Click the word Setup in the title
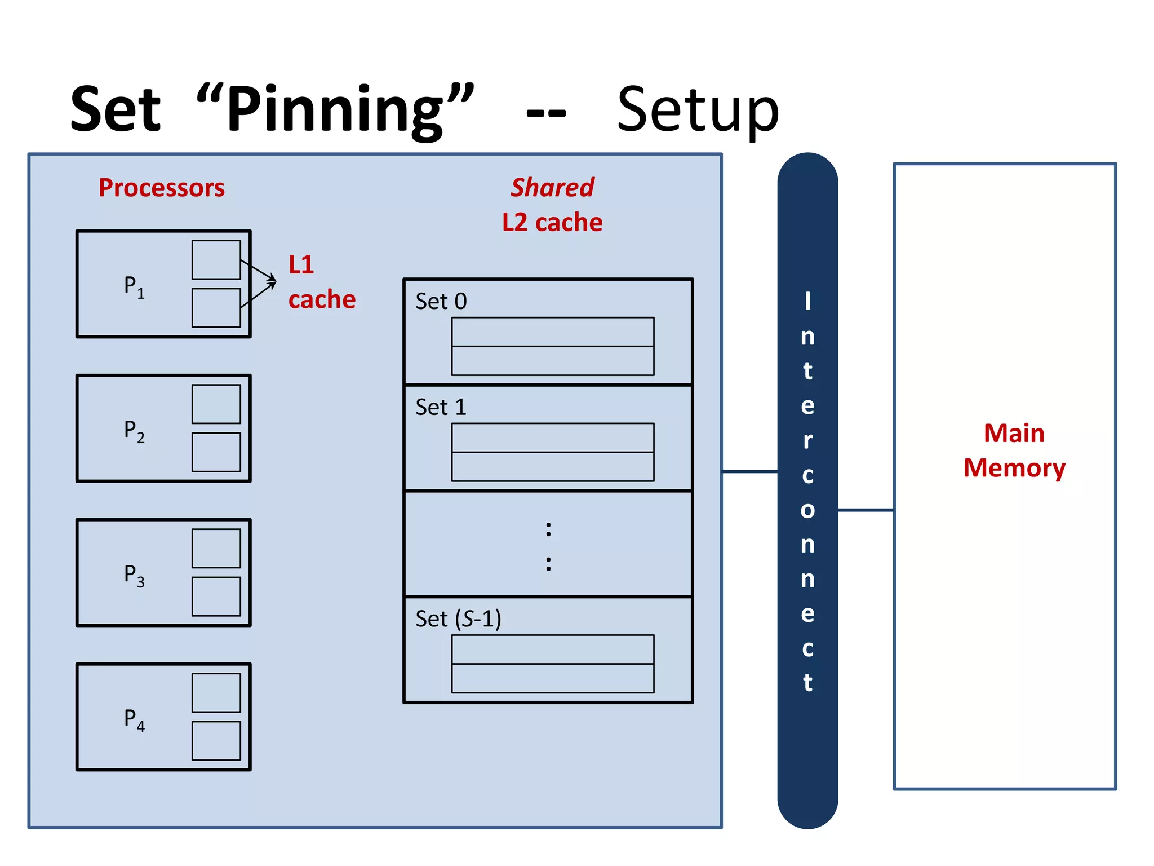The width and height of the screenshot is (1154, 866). pyautogui.click(x=698, y=110)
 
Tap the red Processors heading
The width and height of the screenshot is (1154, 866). pyautogui.click(x=161, y=188)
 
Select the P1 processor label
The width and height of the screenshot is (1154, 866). pyautogui.click(x=134, y=286)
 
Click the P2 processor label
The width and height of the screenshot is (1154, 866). pyautogui.click(x=134, y=430)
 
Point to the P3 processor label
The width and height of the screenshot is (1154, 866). pyautogui.click(x=134, y=575)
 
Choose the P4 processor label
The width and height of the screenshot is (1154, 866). pyautogui.click(x=134, y=719)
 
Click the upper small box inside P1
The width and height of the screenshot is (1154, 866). pyautogui.click(x=216, y=259)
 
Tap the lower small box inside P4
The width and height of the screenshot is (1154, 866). pyautogui.click(x=216, y=740)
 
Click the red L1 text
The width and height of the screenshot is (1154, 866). pyautogui.click(x=301, y=264)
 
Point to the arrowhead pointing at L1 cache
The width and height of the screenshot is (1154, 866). pyautogui.click(x=273, y=281)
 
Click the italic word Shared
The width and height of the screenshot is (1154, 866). pyautogui.click(x=552, y=188)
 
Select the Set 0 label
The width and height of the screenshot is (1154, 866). pyautogui.click(x=441, y=301)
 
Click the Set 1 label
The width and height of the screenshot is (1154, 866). pyautogui.click(x=441, y=407)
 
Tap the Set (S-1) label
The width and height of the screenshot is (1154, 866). pyautogui.click(x=458, y=618)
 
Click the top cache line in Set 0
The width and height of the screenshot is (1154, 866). pyautogui.click(x=552, y=332)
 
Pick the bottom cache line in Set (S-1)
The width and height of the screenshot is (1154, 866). pyautogui.click(x=552, y=678)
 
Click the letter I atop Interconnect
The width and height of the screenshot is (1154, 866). pyautogui.click(x=807, y=301)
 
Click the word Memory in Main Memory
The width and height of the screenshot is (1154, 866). pyautogui.click(x=1014, y=468)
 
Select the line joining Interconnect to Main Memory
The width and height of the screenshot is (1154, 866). pyautogui.click(x=865, y=510)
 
